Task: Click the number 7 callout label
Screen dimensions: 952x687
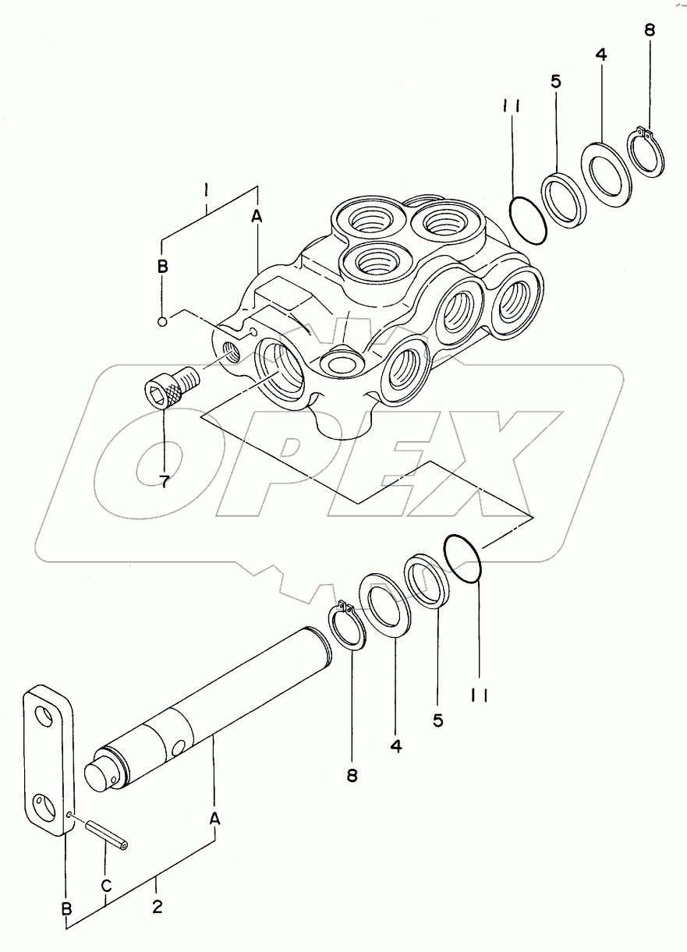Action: [x=165, y=480]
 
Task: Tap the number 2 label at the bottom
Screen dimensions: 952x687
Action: [x=158, y=908]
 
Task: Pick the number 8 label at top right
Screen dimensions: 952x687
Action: [x=650, y=32]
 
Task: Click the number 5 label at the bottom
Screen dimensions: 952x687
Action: [x=438, y=720]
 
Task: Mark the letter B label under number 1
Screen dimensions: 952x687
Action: [x=162, y=267]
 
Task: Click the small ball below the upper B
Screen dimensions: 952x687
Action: [x=162, y=320]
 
